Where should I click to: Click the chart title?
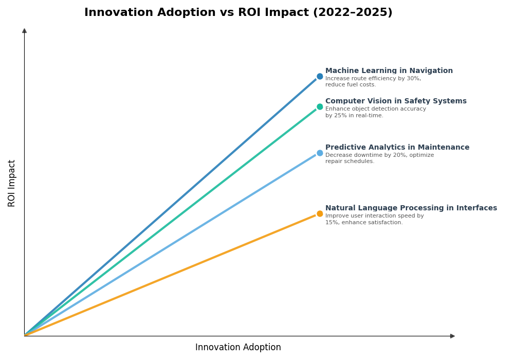click(x=238, y=13)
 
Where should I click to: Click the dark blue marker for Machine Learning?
click(x=320, y=77)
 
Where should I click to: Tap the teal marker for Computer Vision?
click(x=320, y=107)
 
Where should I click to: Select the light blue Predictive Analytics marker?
click(x=320, y=153)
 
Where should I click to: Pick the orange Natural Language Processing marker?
click(x=320, y=214)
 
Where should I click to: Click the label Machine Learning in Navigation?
click(x=389, y=71)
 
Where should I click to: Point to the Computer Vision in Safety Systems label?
click(x=396, y=101)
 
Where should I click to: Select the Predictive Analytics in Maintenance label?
click(x=397, y=148)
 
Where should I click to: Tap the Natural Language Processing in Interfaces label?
click(x=411, y=208)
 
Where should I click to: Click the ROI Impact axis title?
click(x=12, y=183)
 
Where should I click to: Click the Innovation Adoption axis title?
click(x=238, y=348)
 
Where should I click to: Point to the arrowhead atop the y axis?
click(x=24, y=31)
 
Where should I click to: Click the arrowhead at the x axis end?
click(x=452, y=336)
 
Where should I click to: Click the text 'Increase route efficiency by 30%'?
click(x=373, y=79)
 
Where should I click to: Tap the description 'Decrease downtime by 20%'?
click(x=379, y=155)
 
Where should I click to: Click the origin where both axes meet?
click(x=24, y=336)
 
